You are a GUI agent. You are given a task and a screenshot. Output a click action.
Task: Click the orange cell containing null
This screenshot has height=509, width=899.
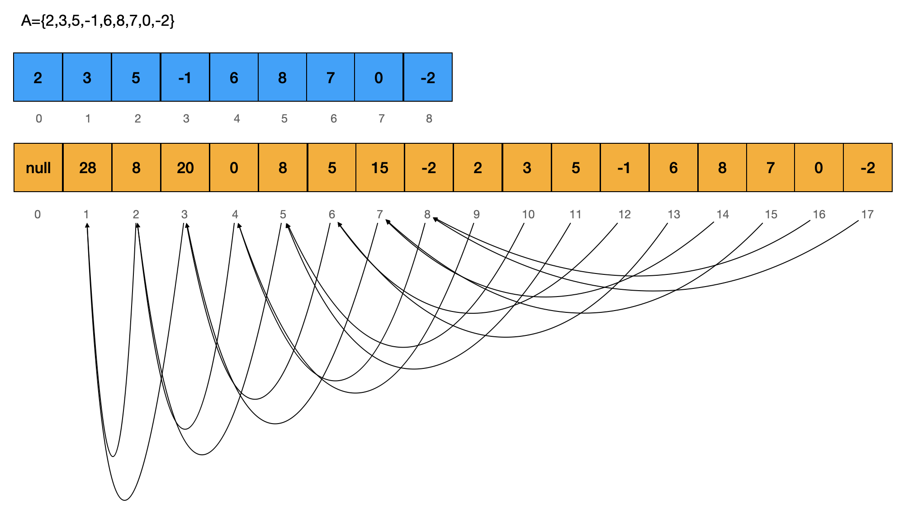38,168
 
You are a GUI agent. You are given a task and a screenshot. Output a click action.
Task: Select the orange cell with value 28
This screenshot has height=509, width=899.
87,168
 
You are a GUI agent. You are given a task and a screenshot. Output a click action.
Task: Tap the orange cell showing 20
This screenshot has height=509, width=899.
185,168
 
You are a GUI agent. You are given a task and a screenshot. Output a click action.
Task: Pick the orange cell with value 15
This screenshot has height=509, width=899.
380,168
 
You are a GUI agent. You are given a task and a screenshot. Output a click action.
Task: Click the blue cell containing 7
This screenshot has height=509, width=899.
331,77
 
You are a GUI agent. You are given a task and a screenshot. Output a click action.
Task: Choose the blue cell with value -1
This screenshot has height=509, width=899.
185,77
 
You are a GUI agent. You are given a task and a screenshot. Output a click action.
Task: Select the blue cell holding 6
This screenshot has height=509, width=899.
234,77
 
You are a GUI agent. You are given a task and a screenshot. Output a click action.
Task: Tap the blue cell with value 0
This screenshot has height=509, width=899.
379,77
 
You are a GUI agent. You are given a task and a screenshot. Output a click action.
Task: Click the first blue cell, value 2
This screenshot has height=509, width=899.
38,77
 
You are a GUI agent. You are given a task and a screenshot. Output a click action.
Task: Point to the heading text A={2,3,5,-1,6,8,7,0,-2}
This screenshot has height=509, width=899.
98,21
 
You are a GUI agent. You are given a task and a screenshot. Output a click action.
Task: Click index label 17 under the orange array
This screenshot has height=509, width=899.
867,214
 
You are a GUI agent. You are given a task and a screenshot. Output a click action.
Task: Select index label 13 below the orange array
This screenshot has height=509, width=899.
674,214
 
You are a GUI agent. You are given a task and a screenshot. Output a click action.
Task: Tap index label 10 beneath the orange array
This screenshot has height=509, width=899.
528,214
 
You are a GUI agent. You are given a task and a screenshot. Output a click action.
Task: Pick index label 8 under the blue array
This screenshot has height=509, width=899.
429,118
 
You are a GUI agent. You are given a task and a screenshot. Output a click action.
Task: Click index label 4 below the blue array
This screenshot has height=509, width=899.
237,118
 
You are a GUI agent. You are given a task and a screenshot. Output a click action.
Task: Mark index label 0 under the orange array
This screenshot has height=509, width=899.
38,214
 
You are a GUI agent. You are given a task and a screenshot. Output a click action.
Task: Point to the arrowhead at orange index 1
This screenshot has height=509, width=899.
87,225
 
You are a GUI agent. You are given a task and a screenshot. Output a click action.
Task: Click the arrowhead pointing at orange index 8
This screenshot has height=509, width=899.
435,220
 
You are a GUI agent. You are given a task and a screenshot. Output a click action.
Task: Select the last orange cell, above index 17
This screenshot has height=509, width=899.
868,168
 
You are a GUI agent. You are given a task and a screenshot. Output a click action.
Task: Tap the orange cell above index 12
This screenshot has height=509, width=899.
625,168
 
